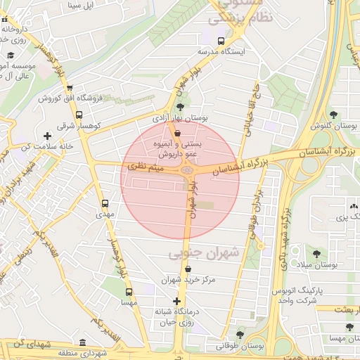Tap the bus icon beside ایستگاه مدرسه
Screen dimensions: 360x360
point(221,41)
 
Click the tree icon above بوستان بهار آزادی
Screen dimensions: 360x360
point(181,107)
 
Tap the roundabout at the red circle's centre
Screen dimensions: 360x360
point(186,169)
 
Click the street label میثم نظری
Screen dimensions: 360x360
point(147,167)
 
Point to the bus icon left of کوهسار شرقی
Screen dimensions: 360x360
point(78,115)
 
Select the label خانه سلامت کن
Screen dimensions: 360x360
point(47,146)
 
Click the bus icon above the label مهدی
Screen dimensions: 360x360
point(105,202)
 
